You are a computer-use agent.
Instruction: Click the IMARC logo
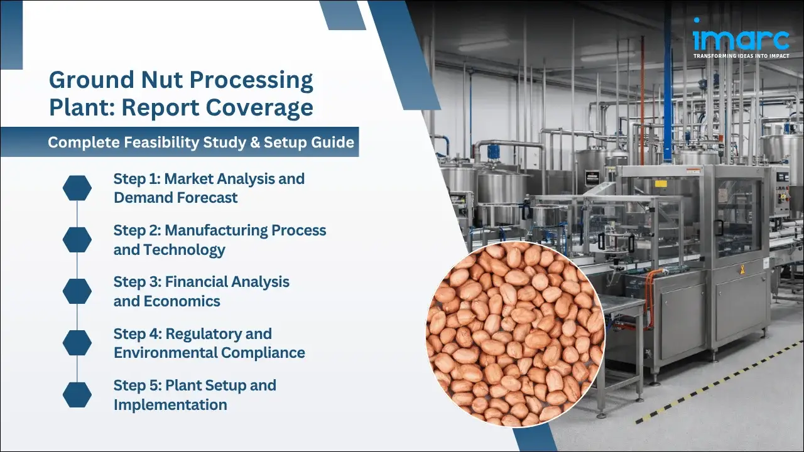741,38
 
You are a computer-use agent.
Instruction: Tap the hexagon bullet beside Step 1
77,188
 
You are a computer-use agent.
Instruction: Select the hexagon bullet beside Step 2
77,239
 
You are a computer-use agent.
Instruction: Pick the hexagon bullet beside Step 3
77,291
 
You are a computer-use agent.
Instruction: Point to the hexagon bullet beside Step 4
77,342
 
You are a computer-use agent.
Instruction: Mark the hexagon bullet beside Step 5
77,394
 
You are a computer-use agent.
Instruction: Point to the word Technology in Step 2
184,249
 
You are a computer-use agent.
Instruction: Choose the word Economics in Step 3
182,301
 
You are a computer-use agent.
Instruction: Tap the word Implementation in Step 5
170,404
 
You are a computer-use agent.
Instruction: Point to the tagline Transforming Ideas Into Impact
741,56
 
